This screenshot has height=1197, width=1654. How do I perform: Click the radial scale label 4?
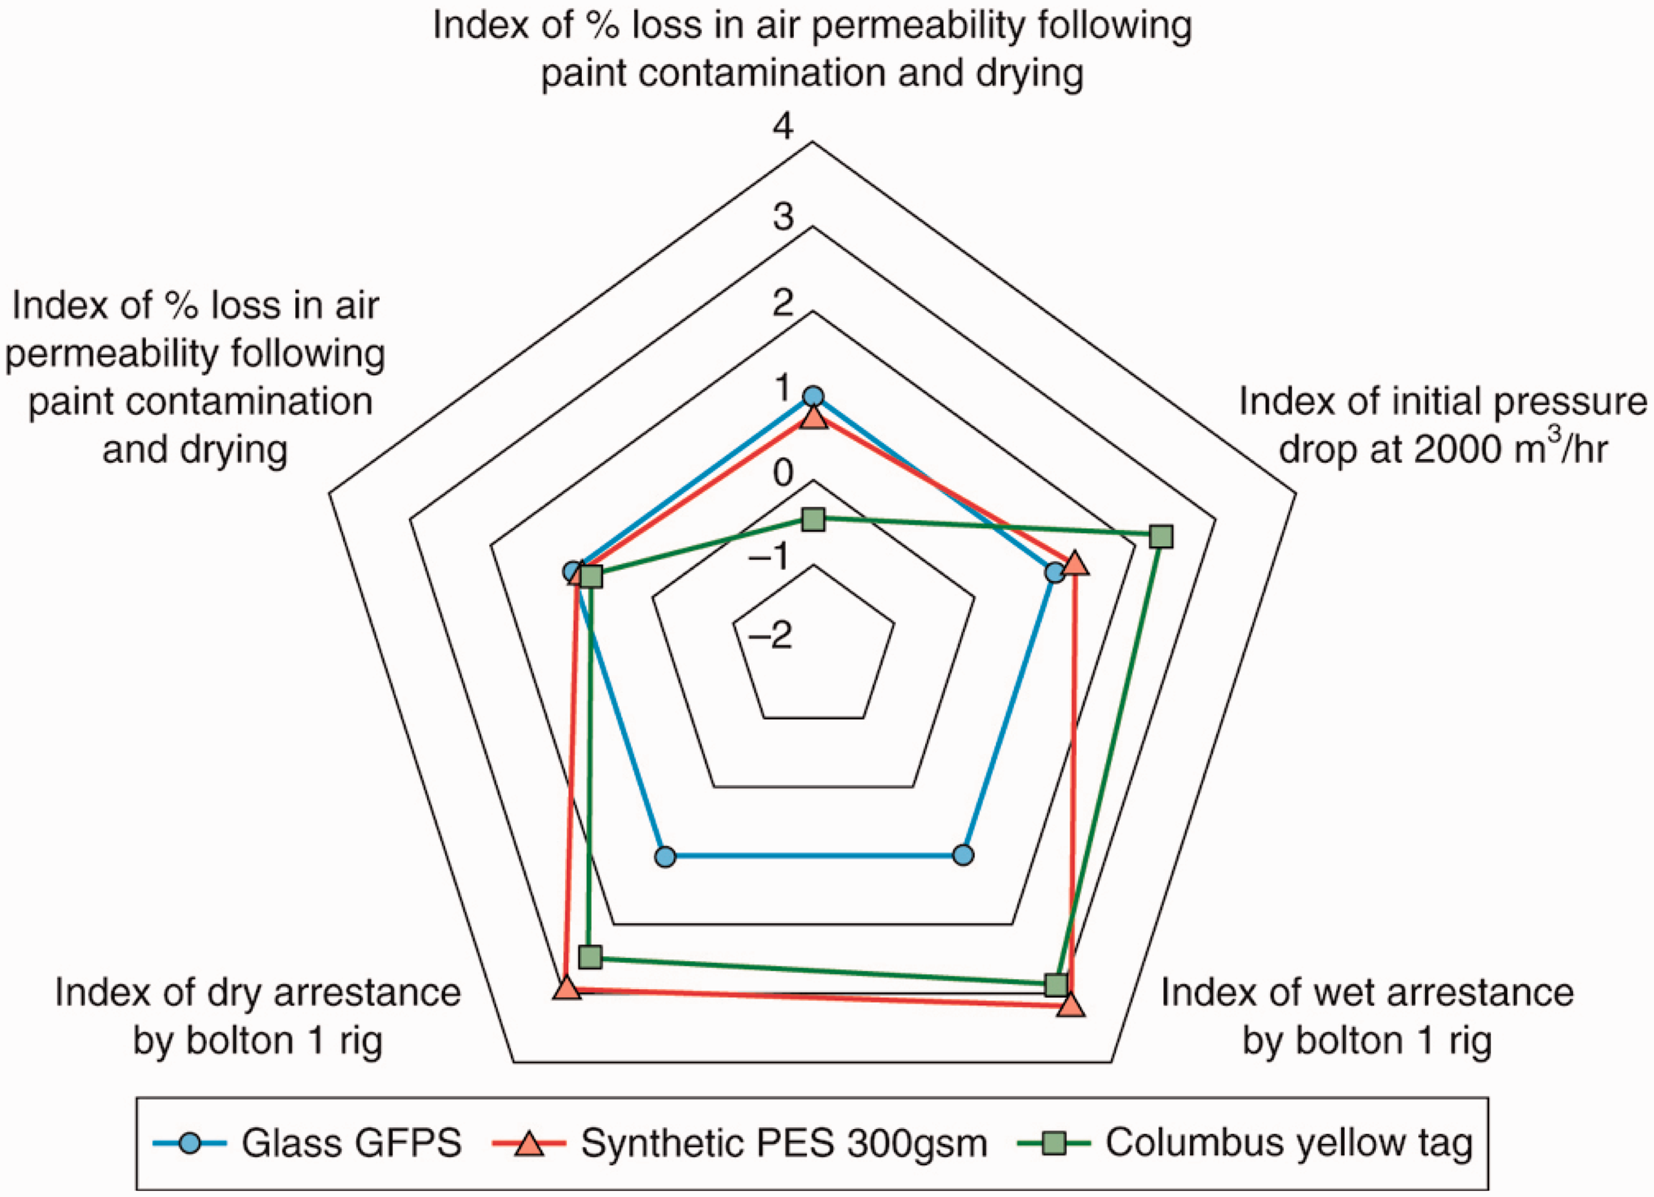[x=784, y=127]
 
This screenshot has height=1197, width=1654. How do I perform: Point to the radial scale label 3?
[x=784, y=216]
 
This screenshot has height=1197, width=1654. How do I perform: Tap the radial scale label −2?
[x=770, y=636]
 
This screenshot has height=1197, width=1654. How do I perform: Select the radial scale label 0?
[x=784, y=473]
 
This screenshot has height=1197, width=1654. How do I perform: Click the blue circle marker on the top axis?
[x=812, y=397]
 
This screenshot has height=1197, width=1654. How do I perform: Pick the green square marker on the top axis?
[x=812, y=520]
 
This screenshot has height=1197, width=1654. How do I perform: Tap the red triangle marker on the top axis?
[x=812, y=419]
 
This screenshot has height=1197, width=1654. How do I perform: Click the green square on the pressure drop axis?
[x=1161, y=537]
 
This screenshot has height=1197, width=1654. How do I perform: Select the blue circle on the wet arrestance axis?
[x=964, y=855]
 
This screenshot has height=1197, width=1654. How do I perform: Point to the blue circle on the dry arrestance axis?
[x=665, y=856]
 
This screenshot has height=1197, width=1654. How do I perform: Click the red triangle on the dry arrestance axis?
[x=567, y=989]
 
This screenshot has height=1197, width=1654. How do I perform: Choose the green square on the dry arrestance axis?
[x=590, y=956]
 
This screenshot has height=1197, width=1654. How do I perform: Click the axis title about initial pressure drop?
[x=1441, y=425]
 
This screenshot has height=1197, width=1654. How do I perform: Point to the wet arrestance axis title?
[x=1367, y=1016]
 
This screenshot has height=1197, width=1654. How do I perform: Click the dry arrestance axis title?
[x=257, y=1016]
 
